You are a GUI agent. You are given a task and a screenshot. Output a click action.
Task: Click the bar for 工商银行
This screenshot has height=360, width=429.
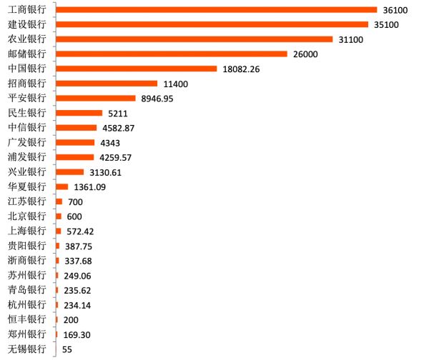point(216,9)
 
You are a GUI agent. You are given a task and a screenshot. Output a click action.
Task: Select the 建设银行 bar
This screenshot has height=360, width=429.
point(212,24)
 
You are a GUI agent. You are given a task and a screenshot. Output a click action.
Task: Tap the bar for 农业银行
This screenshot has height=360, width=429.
point(194,39)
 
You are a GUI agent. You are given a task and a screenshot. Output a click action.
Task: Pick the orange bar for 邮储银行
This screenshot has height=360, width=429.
point(171,54)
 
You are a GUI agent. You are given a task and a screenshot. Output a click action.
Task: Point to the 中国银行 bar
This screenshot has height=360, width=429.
point(136,69)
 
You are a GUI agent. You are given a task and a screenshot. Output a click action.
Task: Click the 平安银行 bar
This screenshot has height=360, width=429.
point(95,98)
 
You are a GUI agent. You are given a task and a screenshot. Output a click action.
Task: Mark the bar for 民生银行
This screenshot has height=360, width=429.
point(79,113)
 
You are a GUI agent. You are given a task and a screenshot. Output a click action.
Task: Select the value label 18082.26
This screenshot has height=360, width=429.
point(243,69)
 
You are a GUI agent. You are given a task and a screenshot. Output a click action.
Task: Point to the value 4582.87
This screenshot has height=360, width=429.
point(119,128)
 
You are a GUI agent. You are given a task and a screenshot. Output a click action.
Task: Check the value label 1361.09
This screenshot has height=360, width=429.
point(90,187)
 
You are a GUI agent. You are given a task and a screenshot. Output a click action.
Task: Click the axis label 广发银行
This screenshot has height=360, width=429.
point(27,142)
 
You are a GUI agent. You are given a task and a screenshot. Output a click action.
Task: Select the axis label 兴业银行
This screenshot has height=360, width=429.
point(27,172)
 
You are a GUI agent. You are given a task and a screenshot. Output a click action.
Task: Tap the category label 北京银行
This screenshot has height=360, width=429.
point(27,216)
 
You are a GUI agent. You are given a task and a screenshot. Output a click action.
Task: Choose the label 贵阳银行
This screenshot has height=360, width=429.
point(27,246)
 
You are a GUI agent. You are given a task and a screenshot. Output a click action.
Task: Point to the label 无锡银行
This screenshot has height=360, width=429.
point(27,349)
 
